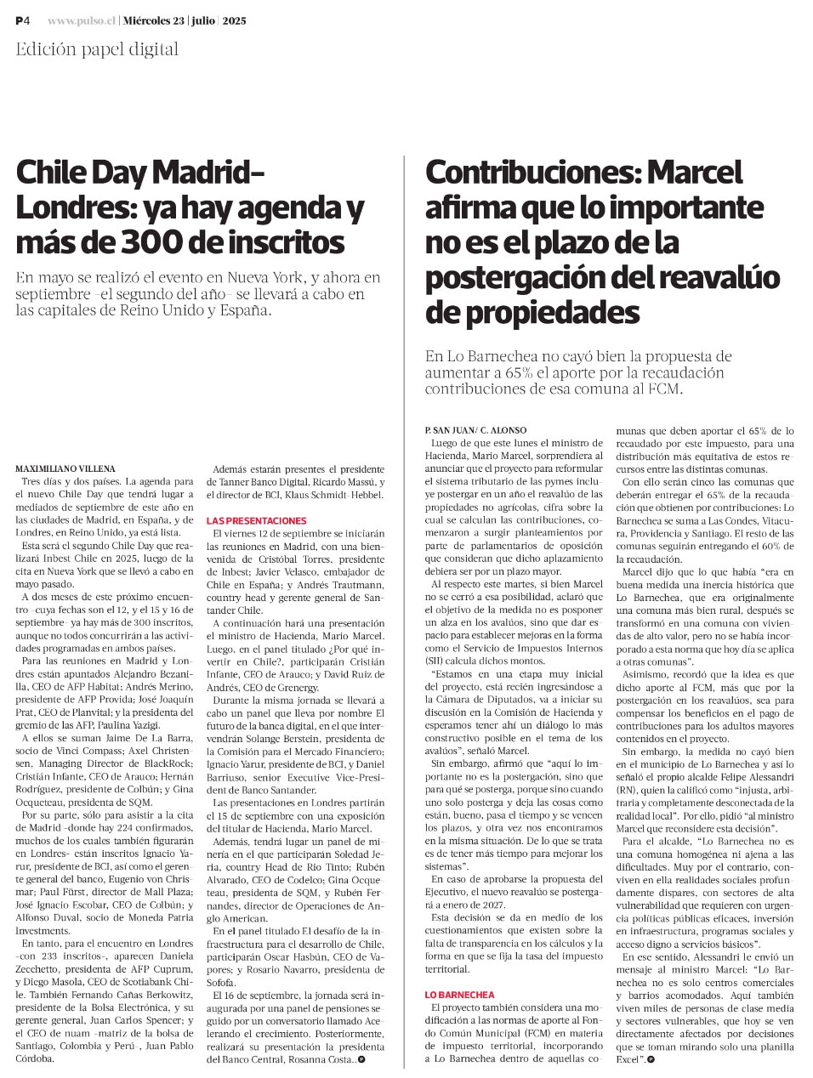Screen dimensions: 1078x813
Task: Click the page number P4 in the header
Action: pos(23,20)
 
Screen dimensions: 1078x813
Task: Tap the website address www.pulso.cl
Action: pos(81,20)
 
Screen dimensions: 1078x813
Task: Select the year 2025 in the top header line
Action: pos(235,20)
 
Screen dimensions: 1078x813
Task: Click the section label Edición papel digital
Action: pos(97,49)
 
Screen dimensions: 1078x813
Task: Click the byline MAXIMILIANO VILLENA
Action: pos(65,468)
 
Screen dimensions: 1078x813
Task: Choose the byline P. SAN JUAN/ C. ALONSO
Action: pos(475,431)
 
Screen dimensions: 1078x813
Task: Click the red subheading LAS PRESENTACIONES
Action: pos(256,520)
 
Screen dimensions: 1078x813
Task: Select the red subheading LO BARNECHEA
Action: pos(459,994)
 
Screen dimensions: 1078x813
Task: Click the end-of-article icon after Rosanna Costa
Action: pos(361,1059)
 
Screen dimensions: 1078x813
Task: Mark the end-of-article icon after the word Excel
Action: pos(650,1059)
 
